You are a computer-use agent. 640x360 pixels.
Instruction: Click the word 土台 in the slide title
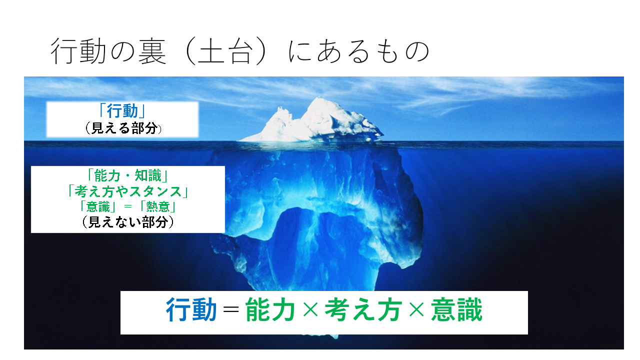[224, 51]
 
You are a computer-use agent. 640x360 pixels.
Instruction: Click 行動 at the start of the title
[78, 51]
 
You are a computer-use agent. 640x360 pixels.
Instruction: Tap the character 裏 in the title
[152, 51]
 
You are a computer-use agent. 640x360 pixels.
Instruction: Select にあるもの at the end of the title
[358, 51]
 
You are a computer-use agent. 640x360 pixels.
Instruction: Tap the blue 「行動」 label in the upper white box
[122, 111]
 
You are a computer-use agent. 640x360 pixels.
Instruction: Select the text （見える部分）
[123, 128]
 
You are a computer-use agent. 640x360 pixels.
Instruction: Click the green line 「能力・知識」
[127, 175]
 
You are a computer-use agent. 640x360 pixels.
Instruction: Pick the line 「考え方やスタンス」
[127, 191]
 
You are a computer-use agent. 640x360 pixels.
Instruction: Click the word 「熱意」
[157, 207]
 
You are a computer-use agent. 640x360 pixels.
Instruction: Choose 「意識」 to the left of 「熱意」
[98, 207]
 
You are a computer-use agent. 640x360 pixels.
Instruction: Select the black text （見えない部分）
[127, 222]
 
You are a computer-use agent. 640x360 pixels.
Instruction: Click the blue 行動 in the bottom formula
[191, 309]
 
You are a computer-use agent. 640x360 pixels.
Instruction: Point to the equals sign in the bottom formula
[231, 309]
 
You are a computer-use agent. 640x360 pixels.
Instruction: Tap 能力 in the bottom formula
[270, 309]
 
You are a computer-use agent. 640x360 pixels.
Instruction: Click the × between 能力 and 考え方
[310, 309]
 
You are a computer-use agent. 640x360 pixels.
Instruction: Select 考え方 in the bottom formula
[363, 309]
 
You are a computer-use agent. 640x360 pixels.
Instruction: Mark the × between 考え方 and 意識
[416, 309]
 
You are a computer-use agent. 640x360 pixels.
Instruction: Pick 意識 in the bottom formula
[456, 309]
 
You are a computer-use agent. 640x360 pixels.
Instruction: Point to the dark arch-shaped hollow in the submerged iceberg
[297, 243]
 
